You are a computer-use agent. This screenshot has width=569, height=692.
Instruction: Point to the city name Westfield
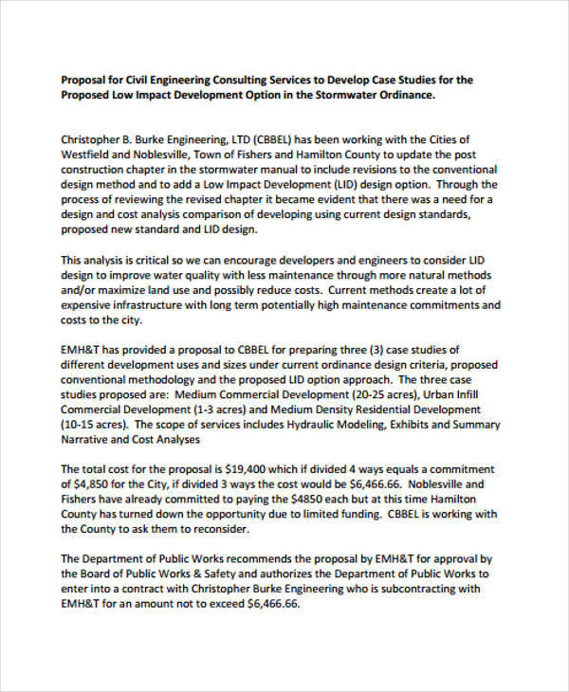tap(87, 155)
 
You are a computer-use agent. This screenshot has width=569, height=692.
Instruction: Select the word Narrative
tap(88, 440)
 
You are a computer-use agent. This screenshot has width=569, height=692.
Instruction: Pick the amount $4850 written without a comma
tap(303, 500)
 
